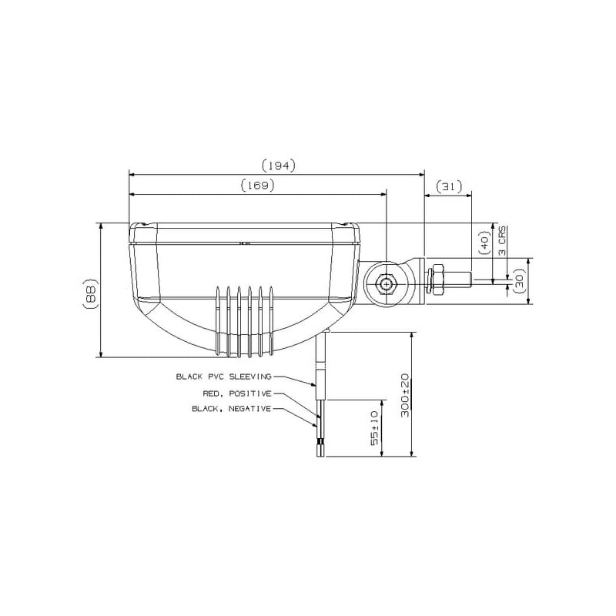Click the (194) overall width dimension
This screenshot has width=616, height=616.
click(x=278, y=166)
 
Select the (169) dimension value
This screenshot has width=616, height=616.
click(x=257, y=185)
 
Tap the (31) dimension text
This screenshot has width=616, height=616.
click(x=448, y=186)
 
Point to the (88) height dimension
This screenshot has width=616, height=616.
click(x=90, y=293)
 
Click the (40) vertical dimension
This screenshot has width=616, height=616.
click(x=485, y=242)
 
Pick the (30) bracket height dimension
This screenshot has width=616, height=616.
click(x=519, y=281)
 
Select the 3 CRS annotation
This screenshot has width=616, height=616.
click(x=503, y=241)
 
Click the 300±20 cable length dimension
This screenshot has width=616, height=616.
click(x=405, y=395)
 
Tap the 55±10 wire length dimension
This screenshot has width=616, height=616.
click(x=375, y=428)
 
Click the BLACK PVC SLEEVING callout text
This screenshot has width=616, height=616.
click(x=223, y=377)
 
